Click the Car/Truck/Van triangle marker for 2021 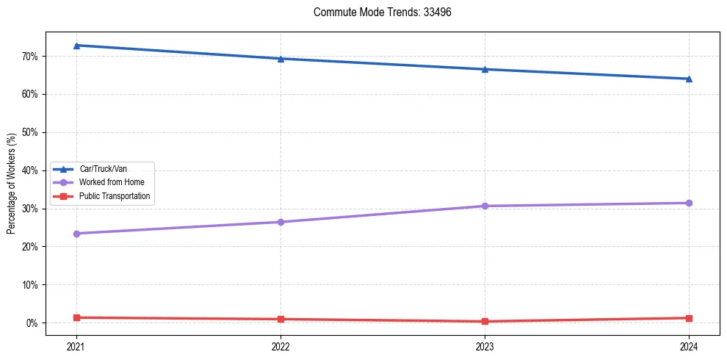(x=76, y=46)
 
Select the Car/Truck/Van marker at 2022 (x=281, y=59)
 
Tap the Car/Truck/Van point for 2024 (x=689, y=79)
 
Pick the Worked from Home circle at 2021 (x=76, y=234)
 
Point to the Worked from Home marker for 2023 (x=485, y=206)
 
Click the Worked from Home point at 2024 (x=689, y=203)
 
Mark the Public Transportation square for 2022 (x=281, y=319)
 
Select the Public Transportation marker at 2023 (x=485, y=321)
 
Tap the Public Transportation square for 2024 (x=689, y=318)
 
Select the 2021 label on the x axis (x=76, y=345)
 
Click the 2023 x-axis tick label (x=485, y=345)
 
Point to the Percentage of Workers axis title (x=12, y=184)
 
